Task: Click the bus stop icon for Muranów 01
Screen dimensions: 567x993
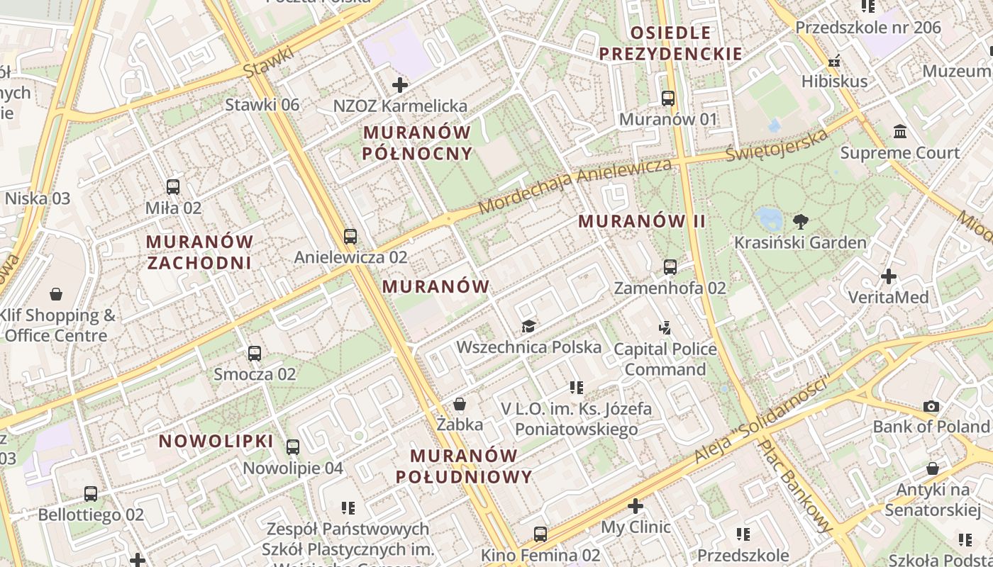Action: (667, 99)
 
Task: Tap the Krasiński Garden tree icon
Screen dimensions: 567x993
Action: (801, 222)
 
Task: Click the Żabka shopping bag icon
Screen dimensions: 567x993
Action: (460, 404)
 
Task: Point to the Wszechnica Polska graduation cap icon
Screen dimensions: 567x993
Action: (528, 326)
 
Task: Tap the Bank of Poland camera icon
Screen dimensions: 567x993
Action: (931, 407)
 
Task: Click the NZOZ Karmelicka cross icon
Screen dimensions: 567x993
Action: (400, 85)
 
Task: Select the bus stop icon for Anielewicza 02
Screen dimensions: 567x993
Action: (350, 236)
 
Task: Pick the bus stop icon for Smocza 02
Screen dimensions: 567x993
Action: (255, 353)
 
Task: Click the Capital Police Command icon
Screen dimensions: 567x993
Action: (665, 327)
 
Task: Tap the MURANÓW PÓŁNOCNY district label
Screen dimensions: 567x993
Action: (417, 142)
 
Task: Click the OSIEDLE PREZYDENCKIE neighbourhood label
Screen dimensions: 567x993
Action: (670, 43)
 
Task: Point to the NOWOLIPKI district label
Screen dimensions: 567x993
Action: (216, 441)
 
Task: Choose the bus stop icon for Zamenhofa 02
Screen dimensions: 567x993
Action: (670, 267)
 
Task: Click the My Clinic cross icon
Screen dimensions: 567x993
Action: (636, 506)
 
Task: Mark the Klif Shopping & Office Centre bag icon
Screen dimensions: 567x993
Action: (56, 294)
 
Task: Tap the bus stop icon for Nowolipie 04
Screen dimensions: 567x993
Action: (293, 447)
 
